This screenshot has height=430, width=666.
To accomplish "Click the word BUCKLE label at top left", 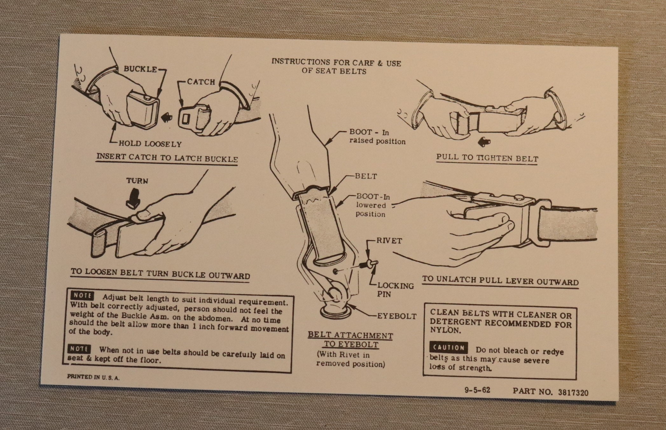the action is click(x=140, y=69).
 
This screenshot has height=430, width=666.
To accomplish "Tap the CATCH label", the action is click(x=201, y=82).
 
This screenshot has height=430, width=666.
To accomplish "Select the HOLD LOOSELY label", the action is click(x=150, y=144).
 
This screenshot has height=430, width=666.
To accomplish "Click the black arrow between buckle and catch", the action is click(x=166, y=118).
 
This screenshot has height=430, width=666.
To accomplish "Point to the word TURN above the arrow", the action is click(x=137, y=181).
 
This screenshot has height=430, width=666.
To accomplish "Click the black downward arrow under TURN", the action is click(x=133, y=198).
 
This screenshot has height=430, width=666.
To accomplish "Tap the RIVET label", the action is click(x=389, y=241).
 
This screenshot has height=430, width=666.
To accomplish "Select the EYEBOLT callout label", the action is click(x=397, y=316).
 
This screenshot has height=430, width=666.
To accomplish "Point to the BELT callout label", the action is click(x=366, y=176).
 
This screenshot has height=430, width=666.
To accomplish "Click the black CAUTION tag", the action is click(x=448, y=348).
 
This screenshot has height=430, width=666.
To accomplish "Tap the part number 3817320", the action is click(x=573, y=392).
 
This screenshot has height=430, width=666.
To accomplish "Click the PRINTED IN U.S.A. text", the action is click(x=93, y=377).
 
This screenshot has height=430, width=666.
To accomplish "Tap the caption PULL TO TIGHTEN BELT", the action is click(x=487, y=158).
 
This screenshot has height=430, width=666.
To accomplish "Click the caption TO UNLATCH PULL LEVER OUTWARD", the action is click(x=500, y=281).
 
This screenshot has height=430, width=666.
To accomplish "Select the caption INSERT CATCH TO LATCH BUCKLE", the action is click(x=167, y=158).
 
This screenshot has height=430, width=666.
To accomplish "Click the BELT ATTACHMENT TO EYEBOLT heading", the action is click(x=350, y=340).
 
